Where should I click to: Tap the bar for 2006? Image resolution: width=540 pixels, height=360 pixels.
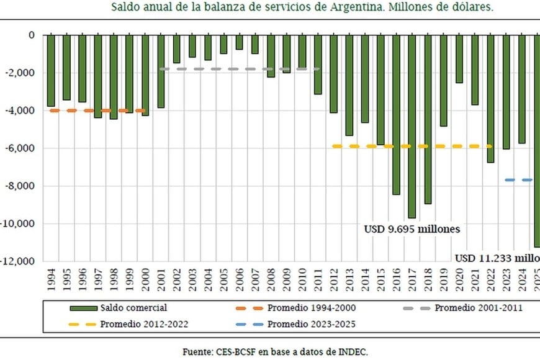pos(239,42)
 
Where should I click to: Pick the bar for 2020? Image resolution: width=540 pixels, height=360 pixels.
pos(459,59)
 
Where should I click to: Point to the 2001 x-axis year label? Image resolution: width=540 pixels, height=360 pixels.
pos(161,279)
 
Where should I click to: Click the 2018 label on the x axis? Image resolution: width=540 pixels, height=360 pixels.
pos(428,279)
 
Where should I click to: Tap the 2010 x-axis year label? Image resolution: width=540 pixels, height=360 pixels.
pos(302,279)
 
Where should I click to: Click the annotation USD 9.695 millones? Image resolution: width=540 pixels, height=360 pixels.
pos(412,228)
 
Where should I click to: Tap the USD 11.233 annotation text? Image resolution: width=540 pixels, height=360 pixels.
pos(497,258)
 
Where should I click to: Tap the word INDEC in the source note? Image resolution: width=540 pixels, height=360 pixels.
pos(353,351)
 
